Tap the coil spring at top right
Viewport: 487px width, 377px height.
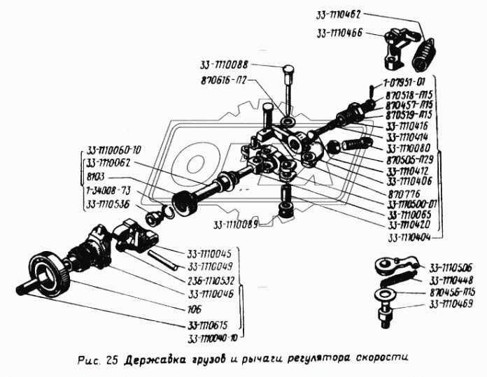point(420,55)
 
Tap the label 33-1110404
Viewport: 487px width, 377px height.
point(404,237)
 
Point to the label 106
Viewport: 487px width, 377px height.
point(193,308)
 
